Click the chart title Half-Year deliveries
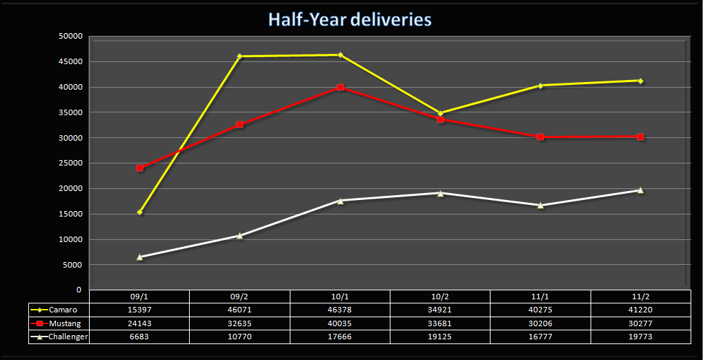350,19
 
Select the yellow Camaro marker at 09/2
239,57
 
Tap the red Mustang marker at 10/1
340,88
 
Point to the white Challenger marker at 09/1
140,257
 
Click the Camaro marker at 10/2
440,113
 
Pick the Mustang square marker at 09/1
140,168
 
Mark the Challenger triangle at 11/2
640,190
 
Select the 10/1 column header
340,296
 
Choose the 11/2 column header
640,296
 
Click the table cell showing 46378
340,310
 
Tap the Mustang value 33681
440,323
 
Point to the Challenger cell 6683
140,337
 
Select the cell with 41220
640,310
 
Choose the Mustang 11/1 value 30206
540,323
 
